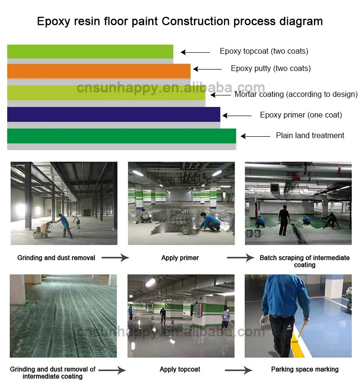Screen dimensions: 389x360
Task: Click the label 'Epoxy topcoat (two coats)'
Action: coord(264,51)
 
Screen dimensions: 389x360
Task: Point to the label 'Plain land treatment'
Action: coord(310,136)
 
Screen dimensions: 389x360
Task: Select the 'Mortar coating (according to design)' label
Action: coord(296,94)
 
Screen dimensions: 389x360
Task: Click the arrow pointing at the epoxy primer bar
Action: coord(237,116)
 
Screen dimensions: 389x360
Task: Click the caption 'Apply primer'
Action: coord(180,258)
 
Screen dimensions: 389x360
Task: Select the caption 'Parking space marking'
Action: coord(305,369)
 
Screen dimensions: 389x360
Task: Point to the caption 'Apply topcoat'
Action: coord(180,369)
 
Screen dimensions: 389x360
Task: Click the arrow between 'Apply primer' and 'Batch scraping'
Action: coord(240,258)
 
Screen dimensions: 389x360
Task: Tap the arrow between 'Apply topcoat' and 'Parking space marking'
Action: coord(238,370)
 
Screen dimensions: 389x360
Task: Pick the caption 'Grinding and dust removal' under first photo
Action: coord(56,258)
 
